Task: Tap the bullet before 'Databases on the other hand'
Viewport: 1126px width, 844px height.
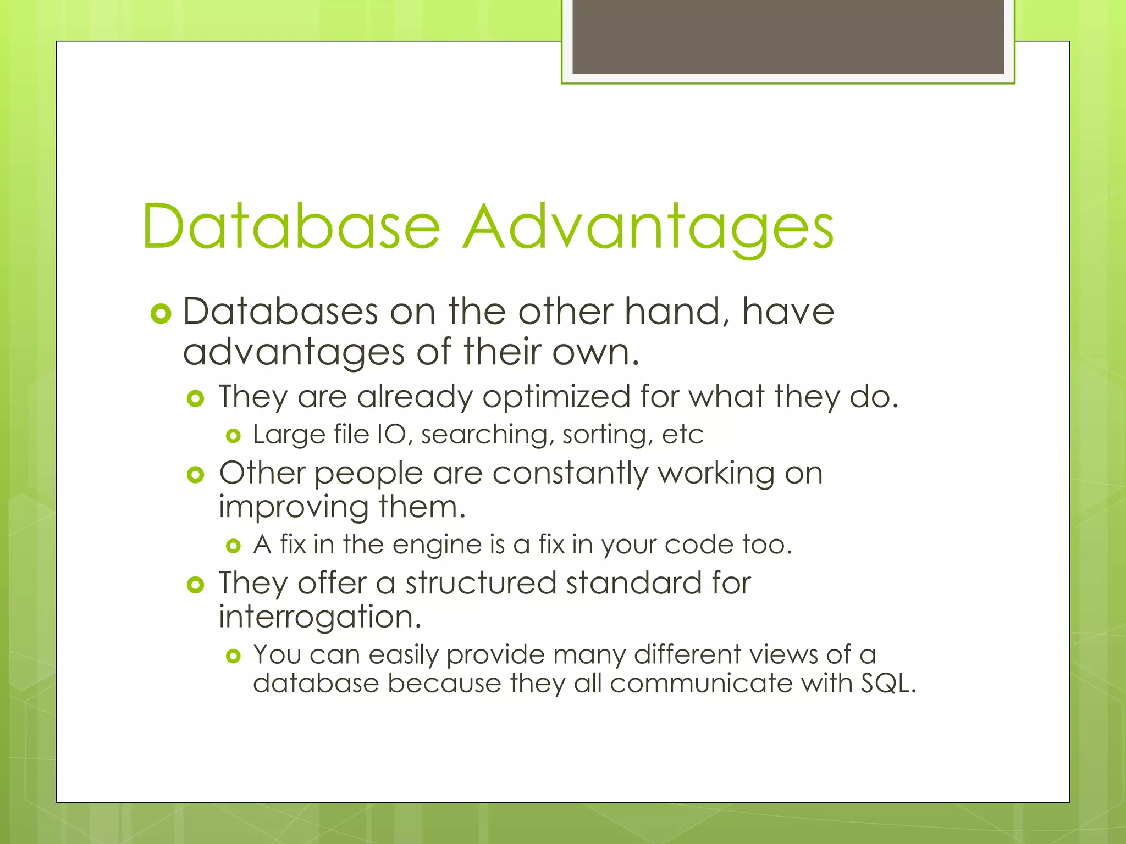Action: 161,314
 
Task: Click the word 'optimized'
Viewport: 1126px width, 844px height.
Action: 556,397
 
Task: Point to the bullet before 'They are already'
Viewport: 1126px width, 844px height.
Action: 195,398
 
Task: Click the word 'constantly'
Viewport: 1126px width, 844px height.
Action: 570,474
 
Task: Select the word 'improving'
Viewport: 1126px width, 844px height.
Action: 293,508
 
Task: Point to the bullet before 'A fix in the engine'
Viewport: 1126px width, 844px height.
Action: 234,546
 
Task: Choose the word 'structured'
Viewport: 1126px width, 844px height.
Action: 481,583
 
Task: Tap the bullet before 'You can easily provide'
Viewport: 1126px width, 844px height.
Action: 234,656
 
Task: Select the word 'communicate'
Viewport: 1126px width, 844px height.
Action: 700,684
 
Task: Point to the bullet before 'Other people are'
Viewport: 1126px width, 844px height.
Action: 195,475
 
